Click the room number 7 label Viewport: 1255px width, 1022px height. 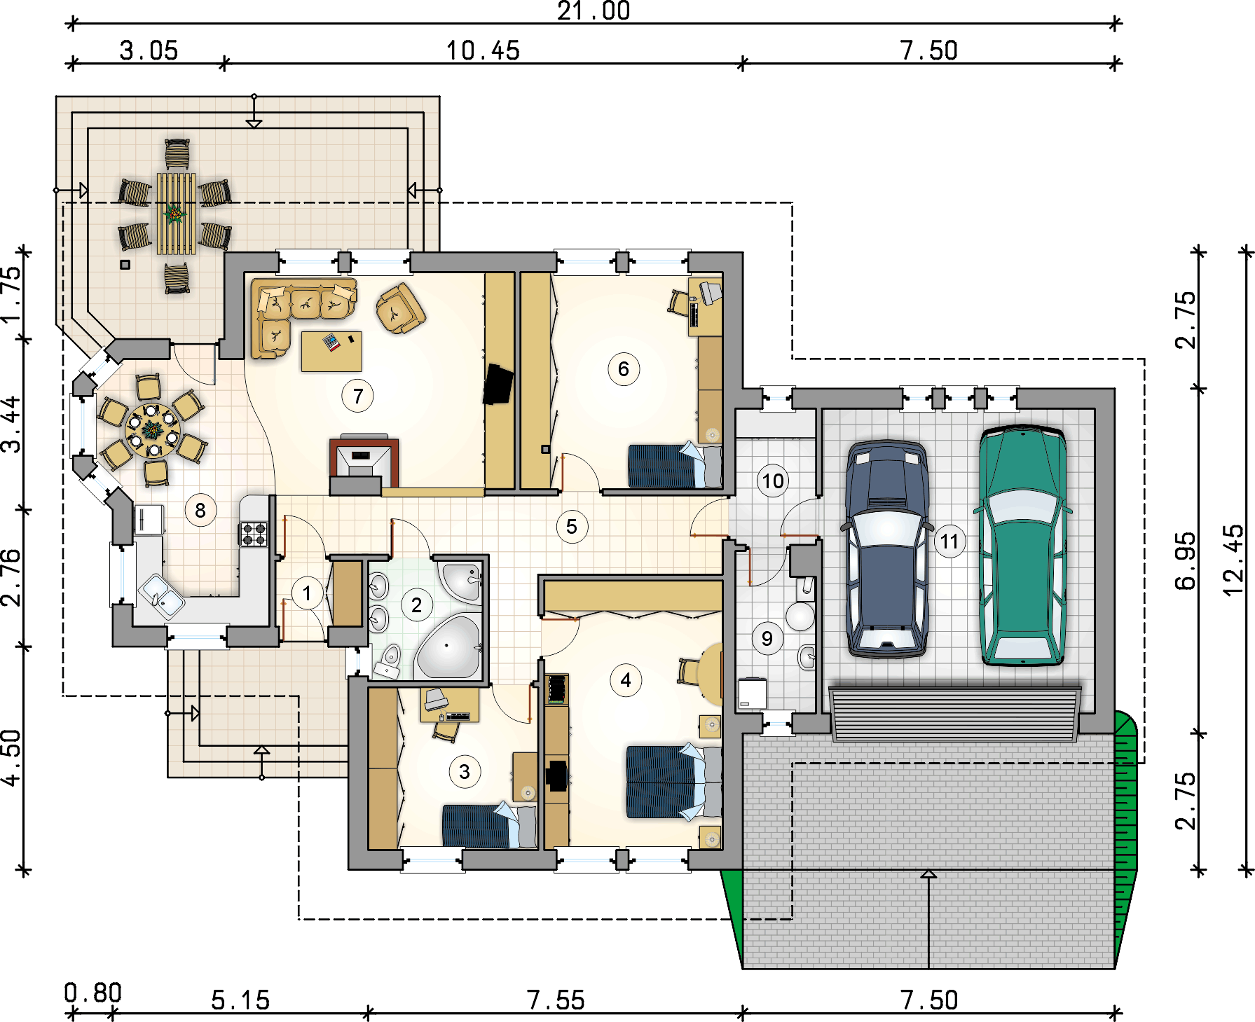click(x=357, y=396)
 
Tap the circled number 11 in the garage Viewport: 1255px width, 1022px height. click(x=949, y=541)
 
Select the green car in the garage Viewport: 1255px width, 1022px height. click(x=1022, y=544)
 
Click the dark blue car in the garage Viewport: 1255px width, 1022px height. click(x=888, y=548)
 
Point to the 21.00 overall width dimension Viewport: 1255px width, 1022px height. click(x=594, y=11)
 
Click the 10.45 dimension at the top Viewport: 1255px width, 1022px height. click(x=483, y=50)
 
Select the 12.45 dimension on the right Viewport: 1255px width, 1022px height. click(x=1233, y=560)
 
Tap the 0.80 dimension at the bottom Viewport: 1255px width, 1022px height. click(x=92, y=993)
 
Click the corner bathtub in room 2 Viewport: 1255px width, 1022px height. click(x=447, y=647)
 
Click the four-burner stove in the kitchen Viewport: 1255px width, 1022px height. click(x=254, y=534)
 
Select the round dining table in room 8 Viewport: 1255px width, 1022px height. click(x=153, y=430)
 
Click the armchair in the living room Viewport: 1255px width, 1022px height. click(x=400, y=308)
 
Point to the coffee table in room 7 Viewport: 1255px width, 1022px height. click(x=331, y=351)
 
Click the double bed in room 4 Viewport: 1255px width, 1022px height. click(x=673, y=782)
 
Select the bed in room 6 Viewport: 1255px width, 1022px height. click(x=675, y=465)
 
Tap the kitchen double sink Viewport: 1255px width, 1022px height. click(x=162, y=596)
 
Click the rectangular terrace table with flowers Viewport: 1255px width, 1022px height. click(x=176, y=213)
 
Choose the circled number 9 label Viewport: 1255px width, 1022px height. click(x=767, y=638)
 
